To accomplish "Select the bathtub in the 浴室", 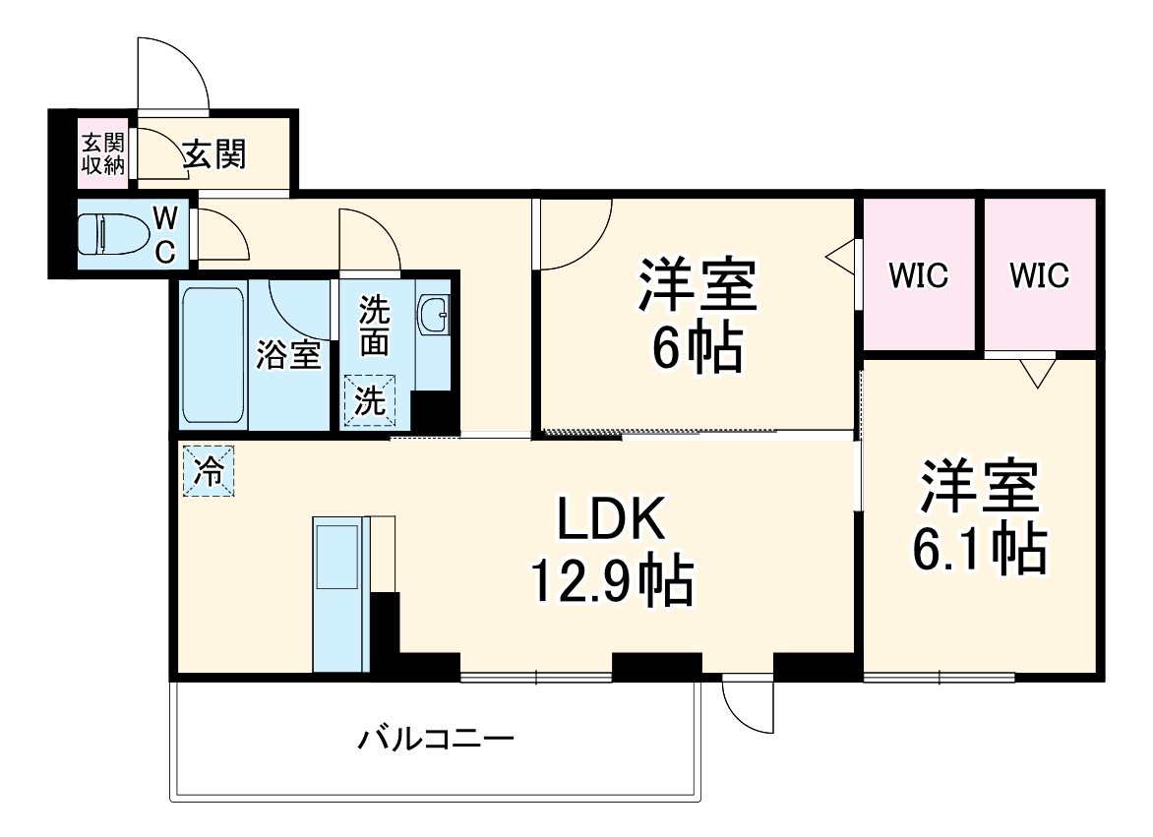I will (x=212, y=355).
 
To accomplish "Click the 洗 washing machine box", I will (x=368, y=400).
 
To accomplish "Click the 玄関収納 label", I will (x=102, y=153).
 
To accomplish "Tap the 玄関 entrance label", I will (x=214, y=153).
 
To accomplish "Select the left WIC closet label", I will (x=919, y=276).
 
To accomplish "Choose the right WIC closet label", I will (x=1040, y=276).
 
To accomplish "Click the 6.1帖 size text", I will (x=978, y=551).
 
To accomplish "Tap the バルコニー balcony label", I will (x=436, y=738).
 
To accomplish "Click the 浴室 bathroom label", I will (x=288, y=355).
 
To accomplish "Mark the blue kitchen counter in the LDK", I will (x=337, y=592).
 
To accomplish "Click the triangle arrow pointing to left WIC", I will (x=842, y=258).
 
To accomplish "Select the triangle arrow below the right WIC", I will (x=1036, y=372).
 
